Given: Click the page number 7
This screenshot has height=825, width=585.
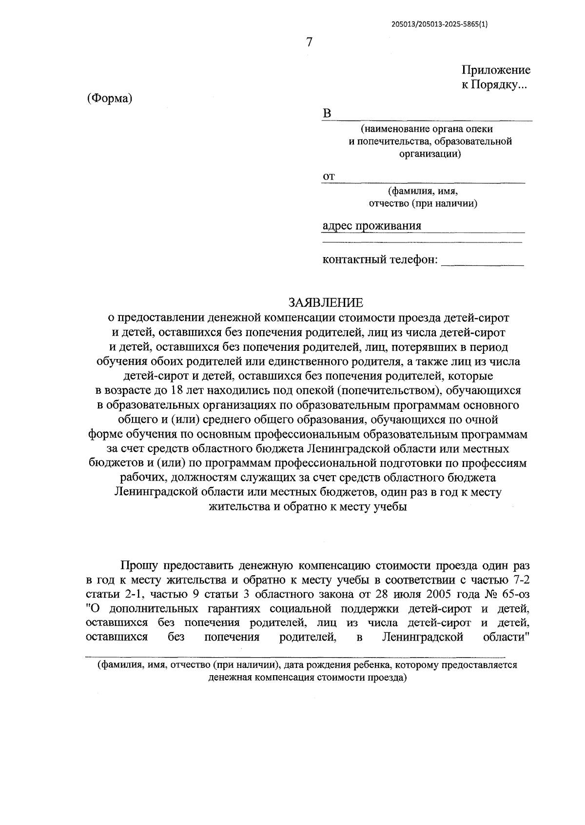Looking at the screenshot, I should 308,42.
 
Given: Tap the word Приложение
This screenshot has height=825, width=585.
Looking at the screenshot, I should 496,70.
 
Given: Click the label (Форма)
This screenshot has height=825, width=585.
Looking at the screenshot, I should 110,98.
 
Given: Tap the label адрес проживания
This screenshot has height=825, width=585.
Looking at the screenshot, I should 371,226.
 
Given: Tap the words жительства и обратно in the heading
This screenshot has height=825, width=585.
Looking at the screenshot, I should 260,506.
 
